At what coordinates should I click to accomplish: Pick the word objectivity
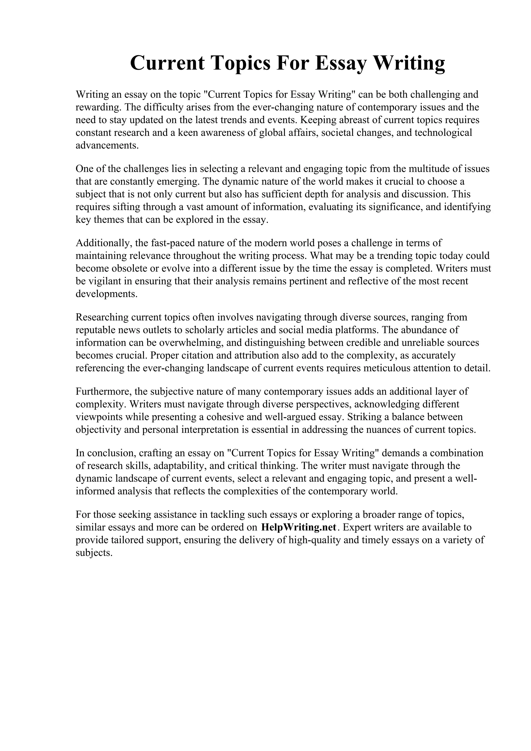click(98, 430)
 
